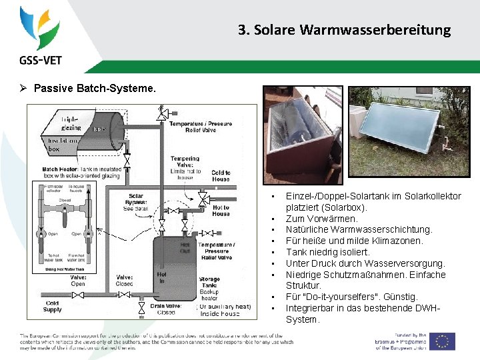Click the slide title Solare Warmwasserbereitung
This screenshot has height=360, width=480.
[344, 30]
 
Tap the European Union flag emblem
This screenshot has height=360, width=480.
[442, 341]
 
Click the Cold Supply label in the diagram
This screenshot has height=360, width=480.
[53, 306]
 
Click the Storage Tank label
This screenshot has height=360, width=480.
[209, 283]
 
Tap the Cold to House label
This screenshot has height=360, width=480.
[221, 175]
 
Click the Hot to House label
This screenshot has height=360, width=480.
[221, 210]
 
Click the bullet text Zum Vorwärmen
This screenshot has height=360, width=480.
[321, 218]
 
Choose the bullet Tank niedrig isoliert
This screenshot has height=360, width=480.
[327, 252]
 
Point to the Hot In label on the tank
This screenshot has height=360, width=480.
[161, 277]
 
